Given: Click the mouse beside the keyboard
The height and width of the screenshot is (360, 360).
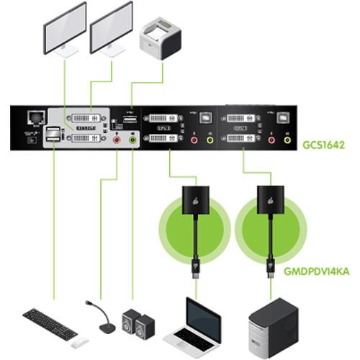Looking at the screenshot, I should tap(81, 341).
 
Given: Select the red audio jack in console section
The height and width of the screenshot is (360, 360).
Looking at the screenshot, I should tap(116, 142).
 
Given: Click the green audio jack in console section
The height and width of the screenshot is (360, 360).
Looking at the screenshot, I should tap(132, 142).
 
